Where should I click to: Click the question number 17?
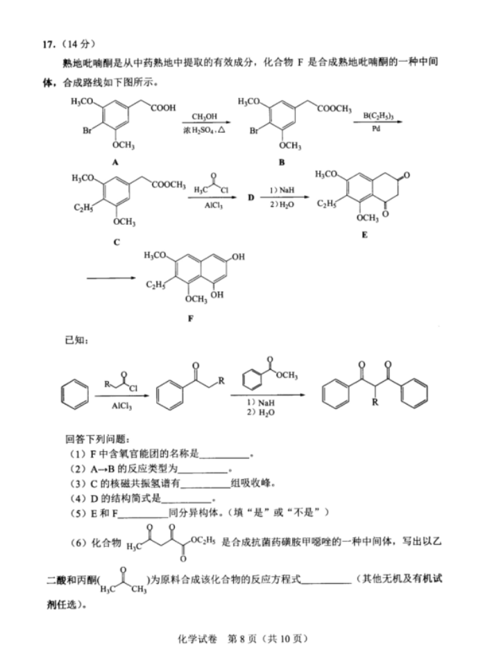click(47, 44)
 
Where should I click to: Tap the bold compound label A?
click(115, 162)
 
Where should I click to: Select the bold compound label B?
click(282, 162)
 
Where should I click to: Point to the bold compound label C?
click(117, 242)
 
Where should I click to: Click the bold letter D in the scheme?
click(251, 197)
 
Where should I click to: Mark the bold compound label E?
click(364, 235)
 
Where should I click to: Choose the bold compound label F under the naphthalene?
click(190, 319)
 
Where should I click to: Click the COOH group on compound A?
click(163, 108)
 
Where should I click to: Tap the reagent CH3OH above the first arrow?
click(205, 117)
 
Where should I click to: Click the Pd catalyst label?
click(376, 128)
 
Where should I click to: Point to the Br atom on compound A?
click(87, 131)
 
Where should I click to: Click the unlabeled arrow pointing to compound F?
click(112, 278)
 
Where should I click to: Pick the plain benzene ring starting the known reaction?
click(75, 395)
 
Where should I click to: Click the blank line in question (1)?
click(224, 458)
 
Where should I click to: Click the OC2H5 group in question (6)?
click(203, 541)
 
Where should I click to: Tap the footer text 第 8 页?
click(242, 639)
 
